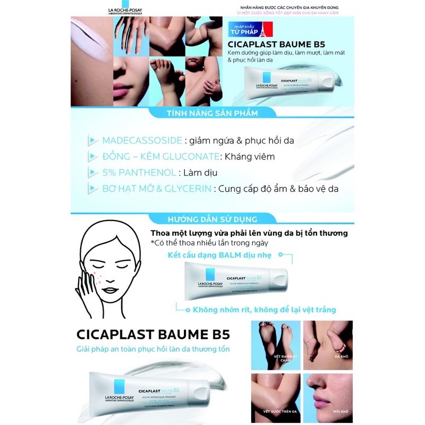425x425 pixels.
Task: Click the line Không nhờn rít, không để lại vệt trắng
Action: (x=264, y=309)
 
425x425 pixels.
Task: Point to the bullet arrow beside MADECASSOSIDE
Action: (x=93, y=141)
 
